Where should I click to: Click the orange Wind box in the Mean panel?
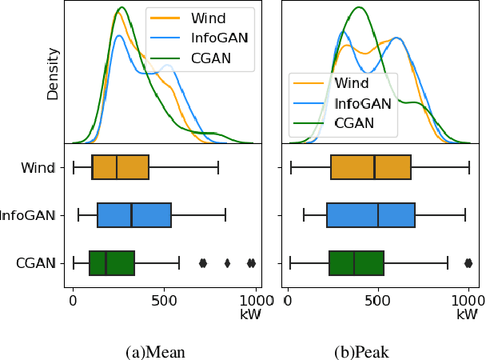120,167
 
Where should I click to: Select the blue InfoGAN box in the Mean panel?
134,215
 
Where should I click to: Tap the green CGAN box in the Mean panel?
112,263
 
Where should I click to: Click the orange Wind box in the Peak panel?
371,167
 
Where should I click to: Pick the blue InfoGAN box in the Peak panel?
371,215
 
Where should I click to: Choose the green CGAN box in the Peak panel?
357,263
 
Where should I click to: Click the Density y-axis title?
53,74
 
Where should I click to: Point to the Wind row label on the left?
38,168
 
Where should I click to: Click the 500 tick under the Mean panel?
164,301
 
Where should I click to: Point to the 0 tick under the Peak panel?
289,301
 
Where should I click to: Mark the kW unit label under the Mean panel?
250,315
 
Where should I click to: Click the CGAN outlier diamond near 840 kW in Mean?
228,263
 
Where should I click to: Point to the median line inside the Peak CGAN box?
354,263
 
